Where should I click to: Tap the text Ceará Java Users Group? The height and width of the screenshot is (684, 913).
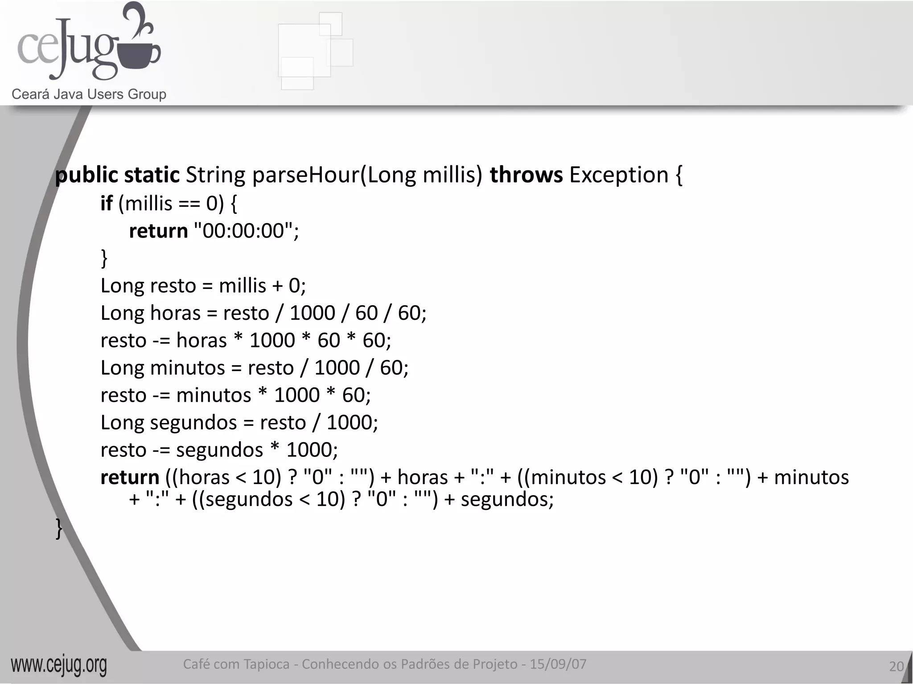coord(89,94)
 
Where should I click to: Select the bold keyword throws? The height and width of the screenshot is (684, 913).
coord(526,175)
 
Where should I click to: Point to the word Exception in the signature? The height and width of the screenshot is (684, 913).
coord(619,175)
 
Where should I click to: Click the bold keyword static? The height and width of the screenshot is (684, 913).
coord(152,175)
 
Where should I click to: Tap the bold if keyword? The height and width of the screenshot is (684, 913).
coord(106,204)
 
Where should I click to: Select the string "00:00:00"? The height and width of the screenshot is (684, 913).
coord(243,231)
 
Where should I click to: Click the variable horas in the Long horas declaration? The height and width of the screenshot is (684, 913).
coord(175,313)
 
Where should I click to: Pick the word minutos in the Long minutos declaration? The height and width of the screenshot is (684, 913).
coord(188,368)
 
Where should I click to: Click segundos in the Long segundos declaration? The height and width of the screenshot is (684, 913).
coord(193,423)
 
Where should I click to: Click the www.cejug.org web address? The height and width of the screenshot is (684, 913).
coord(59,665)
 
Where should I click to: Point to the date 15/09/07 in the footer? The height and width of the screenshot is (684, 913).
coord(558,664)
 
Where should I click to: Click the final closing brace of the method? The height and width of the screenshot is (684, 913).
coord(59,528)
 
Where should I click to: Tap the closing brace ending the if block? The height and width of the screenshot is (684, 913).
coord(104,258)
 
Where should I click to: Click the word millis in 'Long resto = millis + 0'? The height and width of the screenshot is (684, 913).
coord(243,285)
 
